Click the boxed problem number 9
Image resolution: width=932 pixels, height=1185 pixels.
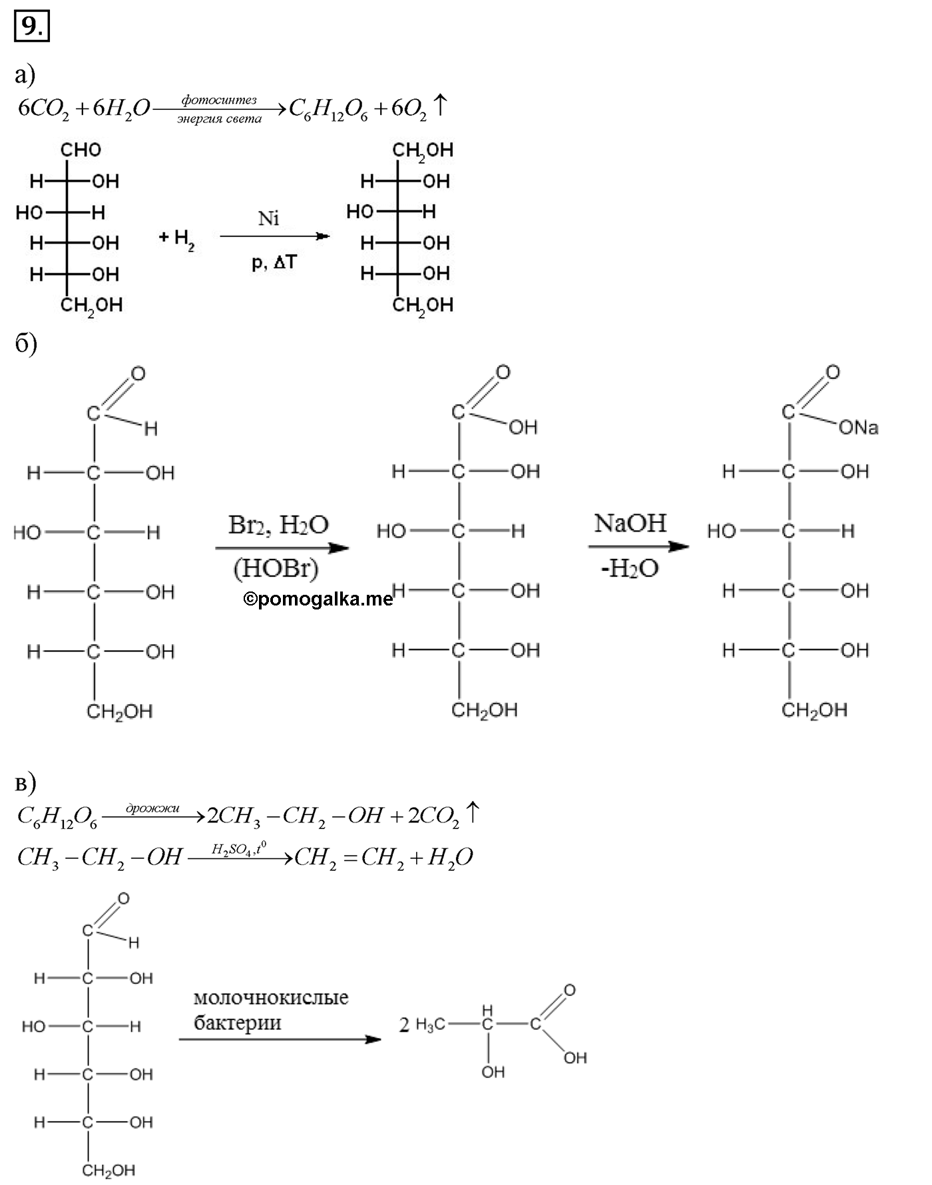point(31,27)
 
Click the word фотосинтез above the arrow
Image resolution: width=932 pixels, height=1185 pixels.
point(219,100)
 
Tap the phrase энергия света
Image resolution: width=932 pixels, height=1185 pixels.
point(220,118)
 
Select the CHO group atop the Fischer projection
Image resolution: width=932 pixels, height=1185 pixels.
point(81,150)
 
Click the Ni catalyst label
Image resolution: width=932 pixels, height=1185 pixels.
point(269,218)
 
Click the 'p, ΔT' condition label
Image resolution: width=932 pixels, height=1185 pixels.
point(274,262)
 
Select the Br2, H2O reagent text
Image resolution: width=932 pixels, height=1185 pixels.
point(278,525)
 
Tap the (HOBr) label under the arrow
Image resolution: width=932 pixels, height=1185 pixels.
point(276,568)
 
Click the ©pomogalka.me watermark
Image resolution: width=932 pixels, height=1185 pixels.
point(318,599)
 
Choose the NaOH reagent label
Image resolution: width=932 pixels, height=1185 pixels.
point(630,523)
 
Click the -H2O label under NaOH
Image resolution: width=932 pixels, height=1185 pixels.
point(630,568)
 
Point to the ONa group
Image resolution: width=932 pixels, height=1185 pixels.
point(859,427)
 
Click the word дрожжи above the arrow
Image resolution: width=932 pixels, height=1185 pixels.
point(152,808)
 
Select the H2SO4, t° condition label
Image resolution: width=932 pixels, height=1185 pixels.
point(239,848)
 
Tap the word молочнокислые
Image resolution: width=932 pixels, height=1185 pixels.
point(271,997)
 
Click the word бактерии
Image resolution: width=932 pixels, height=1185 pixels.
point(238,1022)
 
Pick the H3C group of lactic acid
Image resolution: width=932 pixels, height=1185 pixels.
point(430,1025)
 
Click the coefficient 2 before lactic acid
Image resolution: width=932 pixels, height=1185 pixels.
point(404,1025)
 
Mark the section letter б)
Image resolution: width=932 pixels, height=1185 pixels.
point(26,343)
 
